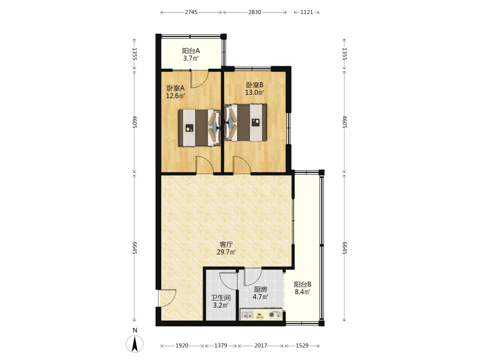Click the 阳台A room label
click(191, 51)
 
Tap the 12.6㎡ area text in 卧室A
click(175, 96)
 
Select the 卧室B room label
click(255, 85)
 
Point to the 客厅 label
click(226, 245)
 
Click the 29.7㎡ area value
click(226, 252)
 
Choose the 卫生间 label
click(221, 298)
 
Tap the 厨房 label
click(261, 289)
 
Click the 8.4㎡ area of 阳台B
click(302, 292)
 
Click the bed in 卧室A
click(200, 128)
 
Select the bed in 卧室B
click(245, 123)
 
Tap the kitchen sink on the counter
click(247, 314)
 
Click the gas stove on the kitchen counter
click(275, 314)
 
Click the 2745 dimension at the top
click(191, 12)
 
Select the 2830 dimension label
click(255, 12)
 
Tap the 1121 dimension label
click(307, 12)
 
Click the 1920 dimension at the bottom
click(182, 346)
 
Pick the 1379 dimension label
click(221, 346)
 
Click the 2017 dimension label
click(261, 346)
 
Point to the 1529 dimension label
click(302, 346)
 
